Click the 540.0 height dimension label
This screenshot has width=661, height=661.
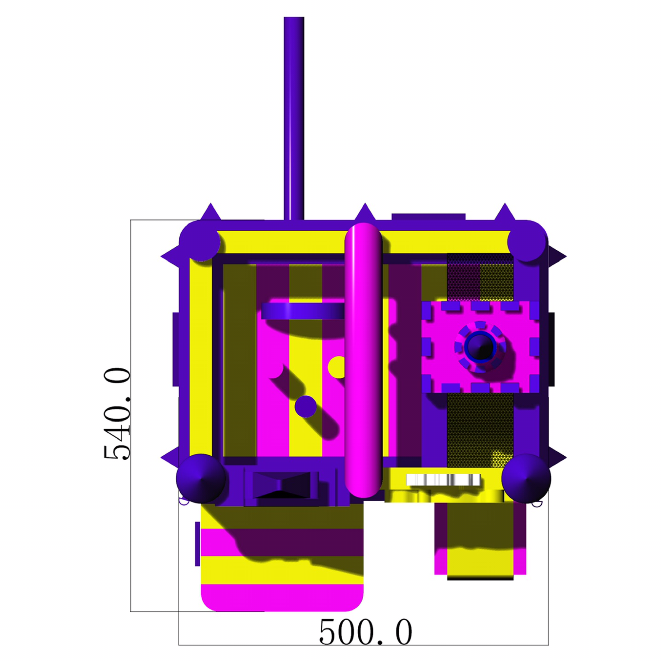tap(117, 414)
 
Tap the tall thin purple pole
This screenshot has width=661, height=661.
tap(294, 118)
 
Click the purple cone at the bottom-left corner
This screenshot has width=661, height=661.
tap(200, 479)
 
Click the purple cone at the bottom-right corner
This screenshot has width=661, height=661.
tap(526, 478)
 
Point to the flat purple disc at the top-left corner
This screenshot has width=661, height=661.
tap(200, 241)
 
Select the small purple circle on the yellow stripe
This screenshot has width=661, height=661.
tap(305, 406)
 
